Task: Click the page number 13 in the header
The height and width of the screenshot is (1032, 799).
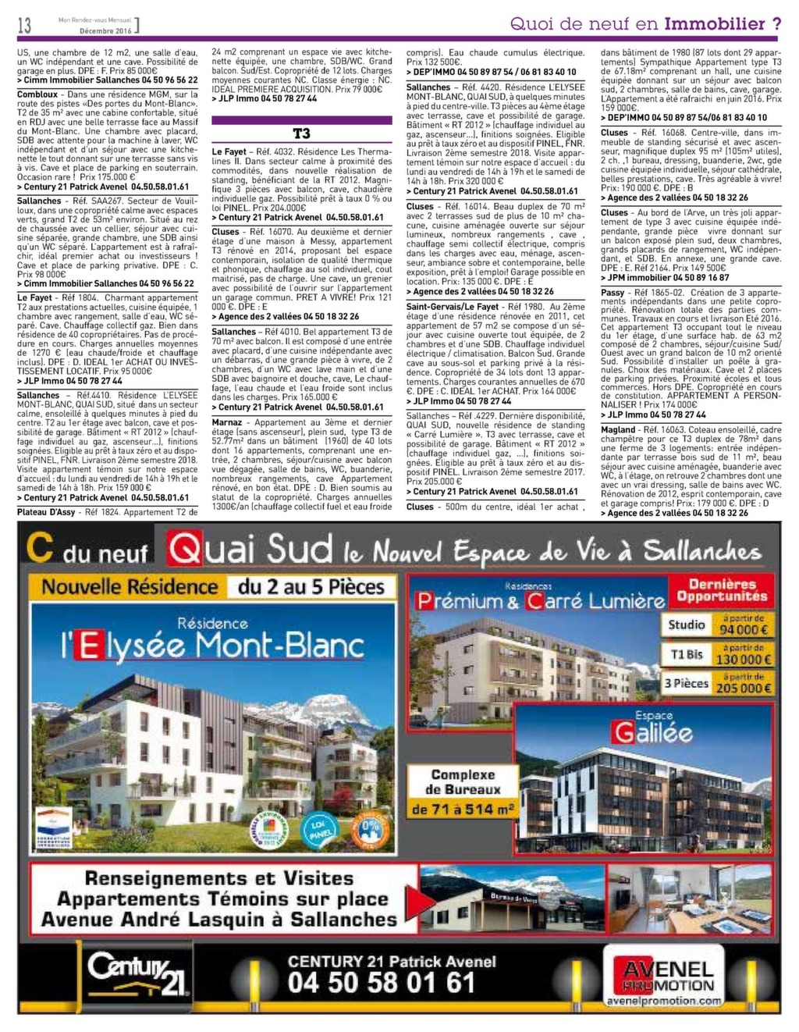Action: (x=24, y=26)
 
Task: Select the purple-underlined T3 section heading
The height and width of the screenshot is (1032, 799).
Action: (x=301, y=133)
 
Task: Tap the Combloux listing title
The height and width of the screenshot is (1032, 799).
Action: (x=37, y=94)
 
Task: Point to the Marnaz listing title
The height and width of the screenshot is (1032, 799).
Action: (x=227, y=422)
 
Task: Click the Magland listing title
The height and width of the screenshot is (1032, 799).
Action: (x=618, y=430)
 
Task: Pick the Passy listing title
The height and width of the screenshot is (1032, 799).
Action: (x=613, y=293)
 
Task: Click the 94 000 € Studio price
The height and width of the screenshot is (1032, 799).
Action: (x=744, y=628)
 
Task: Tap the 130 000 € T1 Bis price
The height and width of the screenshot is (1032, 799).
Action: (x=744, y=658)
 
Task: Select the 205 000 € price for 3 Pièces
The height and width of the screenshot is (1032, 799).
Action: (x=744, y=687)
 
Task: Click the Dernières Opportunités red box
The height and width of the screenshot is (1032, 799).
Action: (x=722, y=590)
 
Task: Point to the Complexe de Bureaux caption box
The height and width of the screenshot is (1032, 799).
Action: (x=463, y=792)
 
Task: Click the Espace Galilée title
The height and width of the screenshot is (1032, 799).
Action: (x=652, y=728)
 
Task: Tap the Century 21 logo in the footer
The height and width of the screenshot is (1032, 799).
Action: (x=137, y=973)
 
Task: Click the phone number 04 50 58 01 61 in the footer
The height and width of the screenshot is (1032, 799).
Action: (x=381, y=982)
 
